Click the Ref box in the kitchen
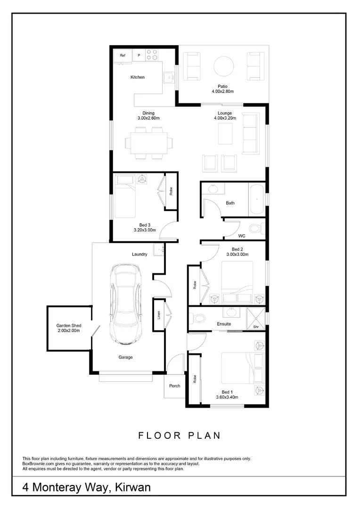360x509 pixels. tap(123, 56)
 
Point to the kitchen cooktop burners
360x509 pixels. tap(152, 55)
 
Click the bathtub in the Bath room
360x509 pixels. tap(257, 199)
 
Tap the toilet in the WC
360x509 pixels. tap(255, 230)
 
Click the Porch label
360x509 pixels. tap(174, 386)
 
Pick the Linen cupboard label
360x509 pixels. tap(159, 315)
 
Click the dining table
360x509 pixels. tap(149, 142)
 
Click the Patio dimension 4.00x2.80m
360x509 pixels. tap(222, 91)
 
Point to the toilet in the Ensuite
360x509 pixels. tap(197, 318)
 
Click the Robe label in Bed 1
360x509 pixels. tap(194, 378)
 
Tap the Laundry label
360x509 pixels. tap(139, 254)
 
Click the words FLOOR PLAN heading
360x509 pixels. tap(180, 435)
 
